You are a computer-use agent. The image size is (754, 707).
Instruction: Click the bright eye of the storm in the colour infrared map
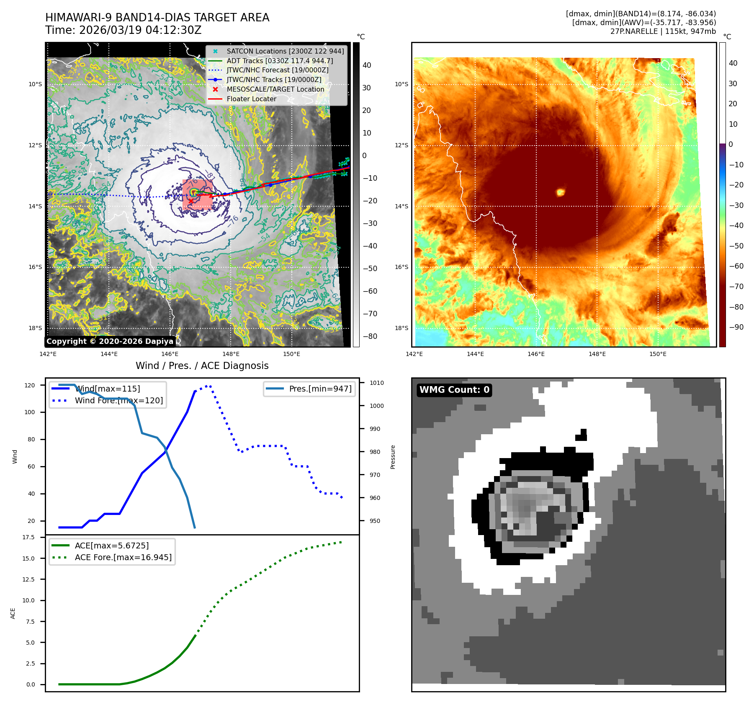coord(561,192)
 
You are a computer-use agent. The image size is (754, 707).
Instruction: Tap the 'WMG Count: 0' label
coord(454,390)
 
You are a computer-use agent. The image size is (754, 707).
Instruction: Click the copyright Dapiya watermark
coord(110,341)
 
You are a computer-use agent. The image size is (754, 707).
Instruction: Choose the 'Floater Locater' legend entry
coord(251,99)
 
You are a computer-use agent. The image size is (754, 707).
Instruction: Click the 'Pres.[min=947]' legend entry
coord(320,389)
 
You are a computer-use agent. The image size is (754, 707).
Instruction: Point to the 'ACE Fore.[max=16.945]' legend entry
coord(123,557)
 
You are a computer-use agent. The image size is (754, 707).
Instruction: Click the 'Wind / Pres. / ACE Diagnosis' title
coord(202,366)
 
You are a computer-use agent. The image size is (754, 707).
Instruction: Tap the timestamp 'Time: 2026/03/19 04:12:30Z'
coord(124,30)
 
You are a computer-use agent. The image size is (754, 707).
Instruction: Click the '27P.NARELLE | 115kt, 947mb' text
coord(663,31)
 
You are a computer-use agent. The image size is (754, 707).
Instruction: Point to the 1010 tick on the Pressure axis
coord(376,383)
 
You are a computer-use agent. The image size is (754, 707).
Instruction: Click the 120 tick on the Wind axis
coord(30,385)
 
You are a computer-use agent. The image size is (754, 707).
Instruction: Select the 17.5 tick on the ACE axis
coord(28,537)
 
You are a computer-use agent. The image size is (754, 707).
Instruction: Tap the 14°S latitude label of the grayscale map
coord(35,206)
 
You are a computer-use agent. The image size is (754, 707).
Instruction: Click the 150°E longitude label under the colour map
coord(658,354)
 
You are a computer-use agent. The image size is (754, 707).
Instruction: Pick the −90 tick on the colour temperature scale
coord(736,327)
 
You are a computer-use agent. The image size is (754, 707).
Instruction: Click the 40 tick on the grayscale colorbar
coord(367,65)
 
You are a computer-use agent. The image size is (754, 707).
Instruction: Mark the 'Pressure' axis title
coord(393,457)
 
